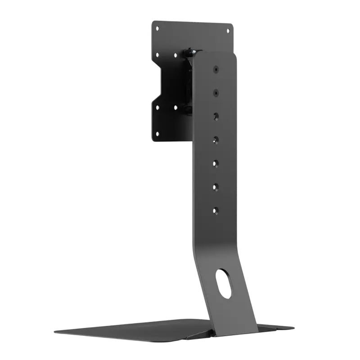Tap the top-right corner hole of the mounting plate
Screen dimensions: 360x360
pyautogui.click(x=227, y=31)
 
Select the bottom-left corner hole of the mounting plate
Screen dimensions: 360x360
pyautogui.click(x=157, y=134)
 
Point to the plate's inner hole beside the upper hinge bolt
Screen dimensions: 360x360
pyautogui.click(x=175, y=56)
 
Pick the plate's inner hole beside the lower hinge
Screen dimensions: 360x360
pyautogui.click(x=175, y=108)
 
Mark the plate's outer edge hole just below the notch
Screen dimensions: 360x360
pyautogui.click(x=157, y=107)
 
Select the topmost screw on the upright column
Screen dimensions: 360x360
pyautogui.click(x=216, y=70)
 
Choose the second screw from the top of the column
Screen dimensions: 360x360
pyautogui.click(x=216, y=92)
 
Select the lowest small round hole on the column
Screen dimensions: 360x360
pyautogui.click(x=216, y=210)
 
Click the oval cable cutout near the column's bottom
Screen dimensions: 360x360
pyautogui.click(x=224, y=283)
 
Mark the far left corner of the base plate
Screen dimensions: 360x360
pyautogui.click(x=56, y=332)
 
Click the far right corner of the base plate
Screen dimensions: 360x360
pyautogui.click(x=293, y=328)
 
